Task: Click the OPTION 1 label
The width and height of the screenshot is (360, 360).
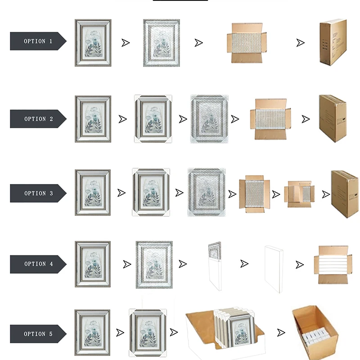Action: point(38,41)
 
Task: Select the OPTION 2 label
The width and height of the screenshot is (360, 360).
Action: point(38,119)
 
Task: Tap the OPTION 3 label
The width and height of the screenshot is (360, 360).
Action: point(38,193)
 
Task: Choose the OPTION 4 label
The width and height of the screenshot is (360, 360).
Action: point(38,264)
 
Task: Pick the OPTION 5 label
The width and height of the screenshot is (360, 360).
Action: point(38,334)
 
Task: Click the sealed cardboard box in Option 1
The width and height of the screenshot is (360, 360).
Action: point(333,43)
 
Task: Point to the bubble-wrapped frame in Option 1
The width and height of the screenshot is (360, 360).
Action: point(160,43)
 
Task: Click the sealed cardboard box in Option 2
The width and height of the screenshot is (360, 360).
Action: point(333,118)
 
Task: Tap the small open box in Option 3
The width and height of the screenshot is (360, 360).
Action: point(299,193)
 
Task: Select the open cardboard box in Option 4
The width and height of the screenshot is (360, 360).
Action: point(333,265)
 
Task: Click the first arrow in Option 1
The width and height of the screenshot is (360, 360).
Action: point(126,43)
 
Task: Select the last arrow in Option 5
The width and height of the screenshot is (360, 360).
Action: point(281,333)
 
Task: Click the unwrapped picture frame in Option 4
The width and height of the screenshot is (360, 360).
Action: point(92,264)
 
